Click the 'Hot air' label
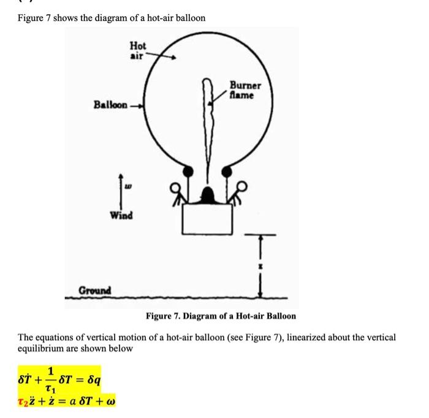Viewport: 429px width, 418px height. pos(138,50)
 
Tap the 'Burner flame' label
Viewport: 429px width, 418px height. pos(245,91)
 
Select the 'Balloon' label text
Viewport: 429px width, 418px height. pos(110,105)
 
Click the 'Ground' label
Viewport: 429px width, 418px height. pos(94,289)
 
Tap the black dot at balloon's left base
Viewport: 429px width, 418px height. pos(188,170)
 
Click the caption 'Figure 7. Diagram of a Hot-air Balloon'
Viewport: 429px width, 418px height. pos(221,316)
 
